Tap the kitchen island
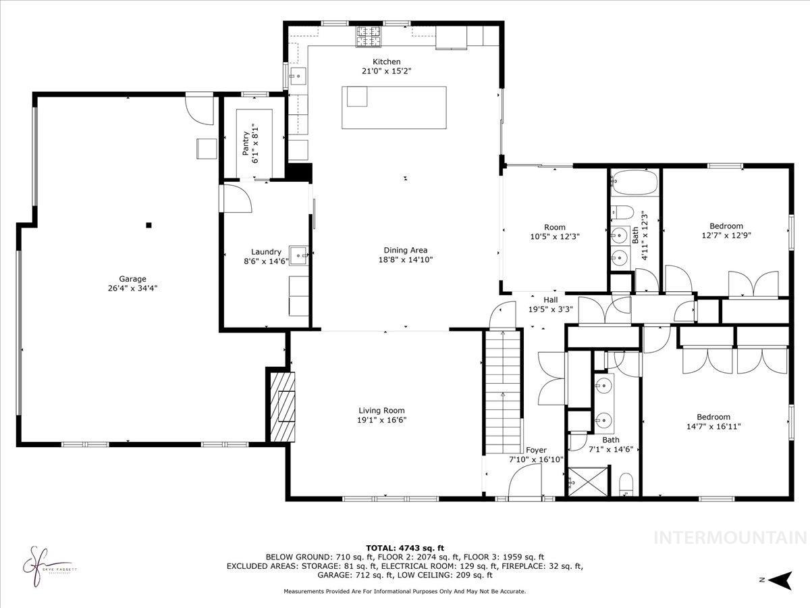[x=395, y=107]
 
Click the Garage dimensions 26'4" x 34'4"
[x=133, y=288]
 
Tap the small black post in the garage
[x=149, y=226]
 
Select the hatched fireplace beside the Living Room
[x=282, y=406]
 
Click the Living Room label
[x=381, y=410]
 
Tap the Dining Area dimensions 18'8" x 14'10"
[x=405, y=259]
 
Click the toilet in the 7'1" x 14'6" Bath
[x=626, y=484]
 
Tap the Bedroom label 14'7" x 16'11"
[x=713, y=422]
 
